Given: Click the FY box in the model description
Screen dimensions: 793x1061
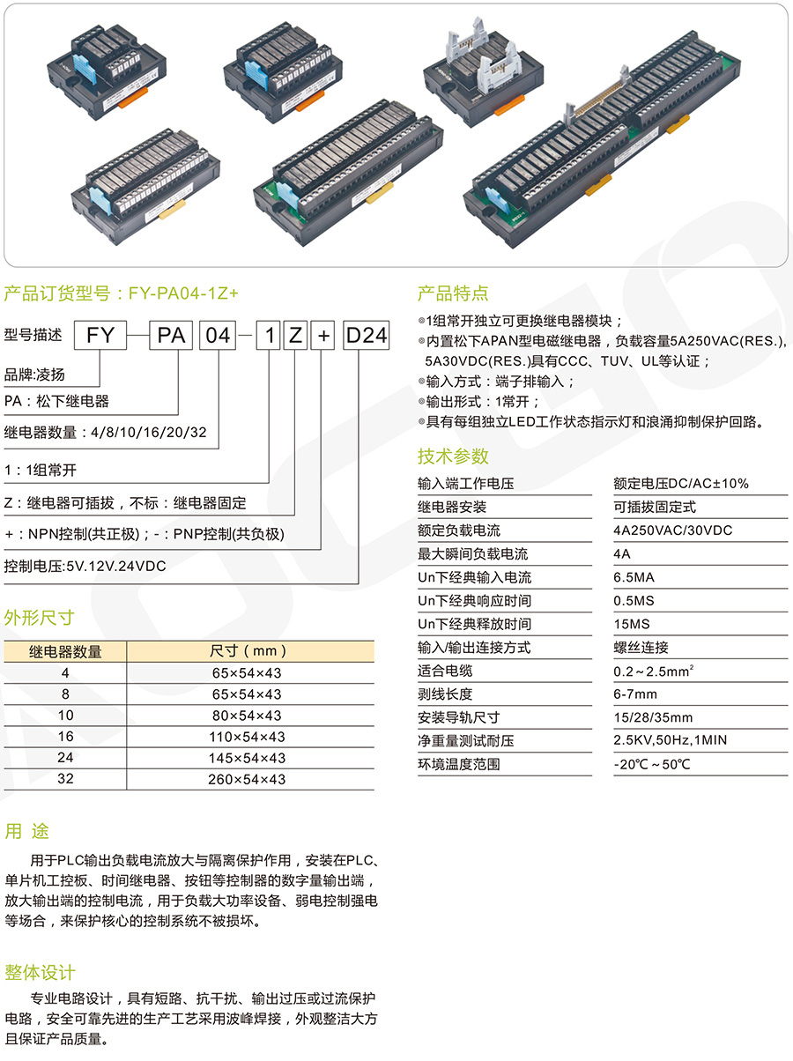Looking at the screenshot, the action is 100,335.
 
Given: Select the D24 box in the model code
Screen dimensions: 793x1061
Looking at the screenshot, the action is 366,335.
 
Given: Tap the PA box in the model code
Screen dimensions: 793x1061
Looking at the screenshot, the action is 171,335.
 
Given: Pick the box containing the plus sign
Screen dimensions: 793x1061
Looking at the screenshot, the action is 323,335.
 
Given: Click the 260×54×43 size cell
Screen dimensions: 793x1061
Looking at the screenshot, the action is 247,779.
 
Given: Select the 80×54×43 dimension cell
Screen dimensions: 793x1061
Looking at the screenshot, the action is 247,716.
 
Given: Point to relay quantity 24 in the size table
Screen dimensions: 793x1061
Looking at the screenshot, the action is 65,758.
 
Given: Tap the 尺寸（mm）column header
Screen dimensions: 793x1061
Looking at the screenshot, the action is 248,651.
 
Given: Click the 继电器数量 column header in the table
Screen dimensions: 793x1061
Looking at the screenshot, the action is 65,651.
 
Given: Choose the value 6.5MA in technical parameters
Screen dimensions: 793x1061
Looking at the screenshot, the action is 634,577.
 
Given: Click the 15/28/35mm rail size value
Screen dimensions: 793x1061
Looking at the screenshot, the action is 653,717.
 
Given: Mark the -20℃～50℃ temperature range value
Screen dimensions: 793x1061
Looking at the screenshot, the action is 652,764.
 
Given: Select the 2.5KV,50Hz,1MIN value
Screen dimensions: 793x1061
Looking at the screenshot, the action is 670,740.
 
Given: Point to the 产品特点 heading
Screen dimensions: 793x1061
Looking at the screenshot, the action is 453,293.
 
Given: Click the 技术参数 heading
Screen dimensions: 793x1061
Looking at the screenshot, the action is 453,456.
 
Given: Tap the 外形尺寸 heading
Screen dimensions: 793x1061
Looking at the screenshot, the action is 39,617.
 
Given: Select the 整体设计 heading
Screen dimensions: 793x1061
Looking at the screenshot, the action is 41,973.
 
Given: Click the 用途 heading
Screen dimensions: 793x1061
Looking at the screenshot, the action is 27,831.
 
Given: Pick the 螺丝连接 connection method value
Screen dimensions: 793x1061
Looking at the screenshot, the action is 641,647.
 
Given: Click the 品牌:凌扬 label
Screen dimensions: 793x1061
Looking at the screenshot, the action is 34,375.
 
